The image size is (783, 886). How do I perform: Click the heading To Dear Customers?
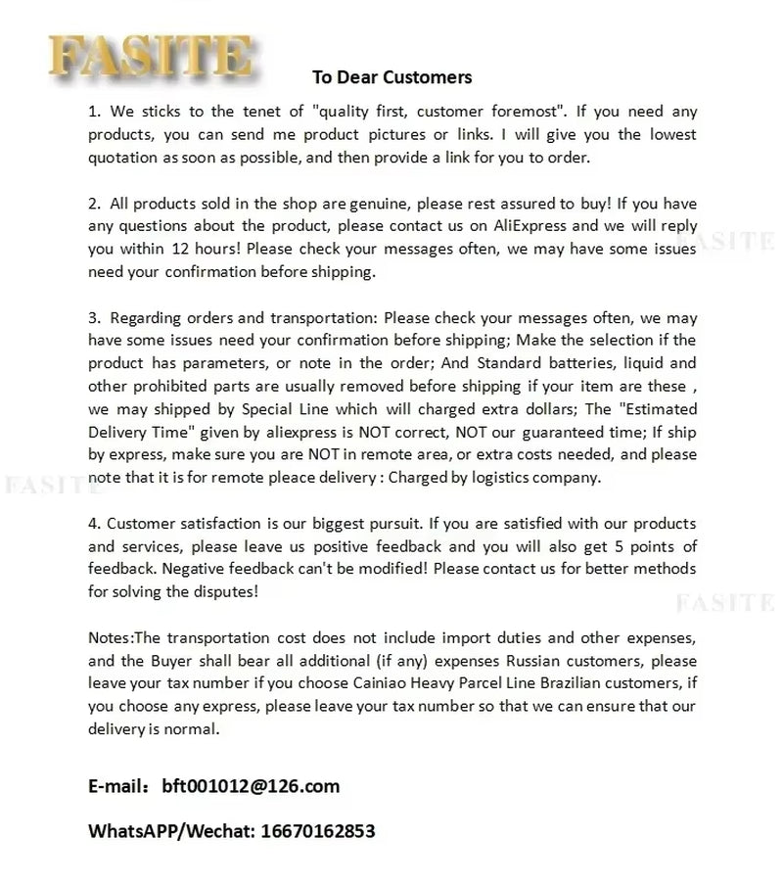pyautogui.click(x=391, y=77)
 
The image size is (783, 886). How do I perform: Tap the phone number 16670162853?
pyautogui.click(x=317, y=831)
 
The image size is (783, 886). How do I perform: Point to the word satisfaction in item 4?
pyautogui.click(x=219, y=523)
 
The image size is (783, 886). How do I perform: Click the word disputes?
pyautogui.click(x=227, y=590)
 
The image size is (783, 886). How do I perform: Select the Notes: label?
pyautogui.click(x=114, y=636)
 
